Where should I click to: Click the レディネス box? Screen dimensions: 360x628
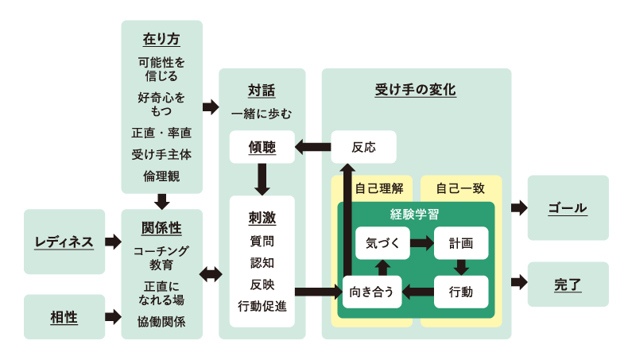click(64, 242)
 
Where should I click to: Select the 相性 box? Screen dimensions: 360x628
click(64, 317)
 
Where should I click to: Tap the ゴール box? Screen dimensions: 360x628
click(568, 208)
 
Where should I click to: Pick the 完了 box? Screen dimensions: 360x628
click(568, 284)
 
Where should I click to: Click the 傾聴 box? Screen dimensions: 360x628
click(262, 147)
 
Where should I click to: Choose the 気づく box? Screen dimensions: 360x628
click(382, 243)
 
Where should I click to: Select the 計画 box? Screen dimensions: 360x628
click(461, 243)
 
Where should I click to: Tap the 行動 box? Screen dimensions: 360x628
click(461, 292)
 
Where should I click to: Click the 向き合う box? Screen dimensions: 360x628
click(372, 292)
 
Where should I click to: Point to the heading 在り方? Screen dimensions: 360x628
click(161, 38)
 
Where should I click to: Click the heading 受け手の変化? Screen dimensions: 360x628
click(416, 90)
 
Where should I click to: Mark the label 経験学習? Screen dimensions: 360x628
click(415, 215)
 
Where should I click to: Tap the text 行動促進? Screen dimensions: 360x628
click(262, 305)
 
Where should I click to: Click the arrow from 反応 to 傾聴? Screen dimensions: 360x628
click(312, 147)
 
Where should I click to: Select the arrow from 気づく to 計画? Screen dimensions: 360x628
click(421, 243)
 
